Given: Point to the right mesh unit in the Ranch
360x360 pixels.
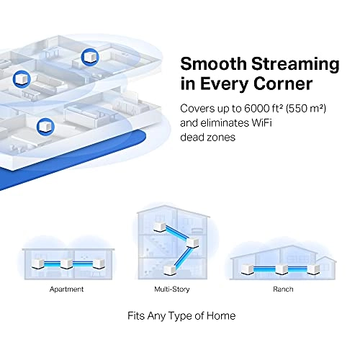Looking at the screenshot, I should coord(312,268).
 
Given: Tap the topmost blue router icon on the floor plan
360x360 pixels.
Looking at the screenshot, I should coord(91,55).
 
